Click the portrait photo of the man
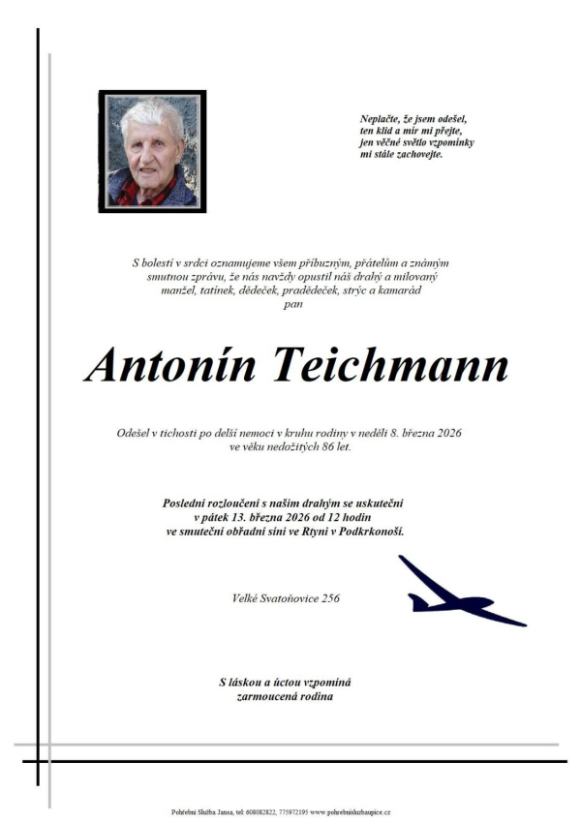pyautogui.click(x=152, y=151)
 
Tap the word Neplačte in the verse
pyautogui.click(x=380, y=118)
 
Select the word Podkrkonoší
pyautogui.click(x=369, y=532)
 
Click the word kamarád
pyautogui.click(x=399, y=289)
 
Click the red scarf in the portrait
pyautogui.click(x=136, y=193)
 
